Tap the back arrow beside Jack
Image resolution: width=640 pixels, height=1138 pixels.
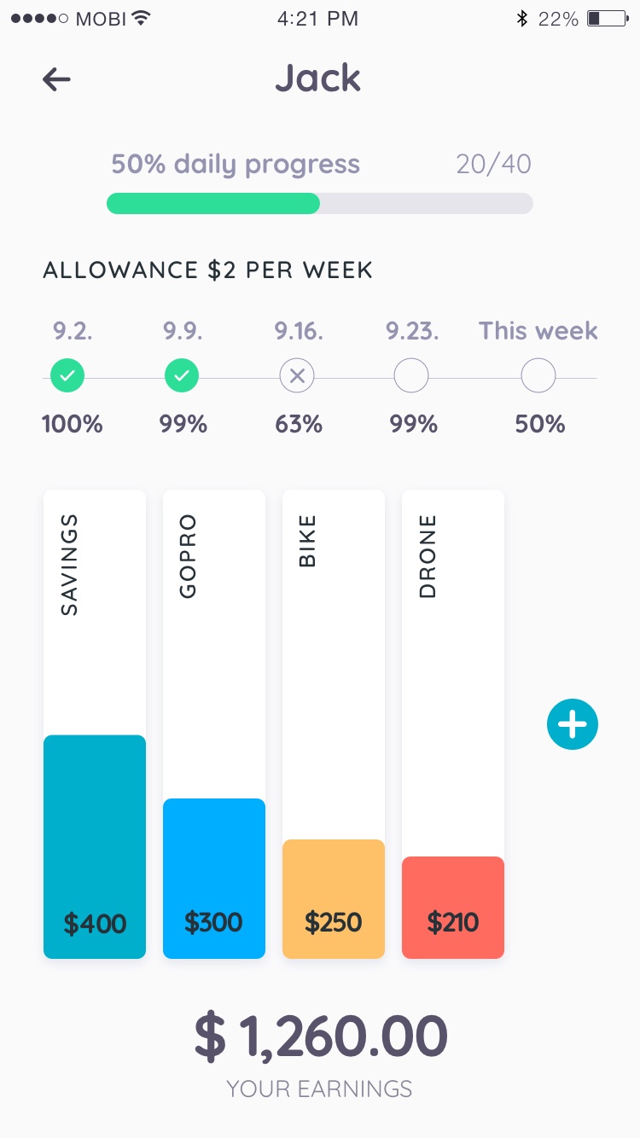coord(56,79)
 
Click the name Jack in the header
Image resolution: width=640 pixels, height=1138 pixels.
coord(318,78)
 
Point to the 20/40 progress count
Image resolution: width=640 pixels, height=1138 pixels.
coord(493,164)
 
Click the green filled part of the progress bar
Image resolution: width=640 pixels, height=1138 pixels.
coord(213,203)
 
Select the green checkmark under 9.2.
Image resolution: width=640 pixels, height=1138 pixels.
coord(67,375)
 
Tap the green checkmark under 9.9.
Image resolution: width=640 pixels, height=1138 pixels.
coord(181,375)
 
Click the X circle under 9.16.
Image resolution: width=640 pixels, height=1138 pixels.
coord(297,375)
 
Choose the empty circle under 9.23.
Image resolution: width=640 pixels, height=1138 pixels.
coord(411,375)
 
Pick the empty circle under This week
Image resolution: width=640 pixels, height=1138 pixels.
coord(538,375)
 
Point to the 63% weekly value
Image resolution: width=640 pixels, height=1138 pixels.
coord(299,424)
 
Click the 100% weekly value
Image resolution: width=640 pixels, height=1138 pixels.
coord(73,424)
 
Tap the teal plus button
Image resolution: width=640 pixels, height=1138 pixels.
coord(573,725)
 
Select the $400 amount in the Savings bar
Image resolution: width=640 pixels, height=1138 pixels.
coord(95,923)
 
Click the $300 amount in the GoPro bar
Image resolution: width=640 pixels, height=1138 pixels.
coord(213,922)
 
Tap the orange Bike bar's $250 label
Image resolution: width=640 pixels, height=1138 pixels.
coord(333,922)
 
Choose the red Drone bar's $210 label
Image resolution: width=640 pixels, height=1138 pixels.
coord(452,922)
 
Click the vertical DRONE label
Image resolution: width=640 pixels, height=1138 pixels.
coord(428,555)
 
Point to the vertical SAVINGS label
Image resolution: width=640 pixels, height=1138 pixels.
coord(69,565)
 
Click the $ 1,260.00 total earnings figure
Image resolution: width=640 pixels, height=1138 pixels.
coord(321,1036)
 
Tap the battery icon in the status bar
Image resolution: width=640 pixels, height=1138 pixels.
coord(606,18)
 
